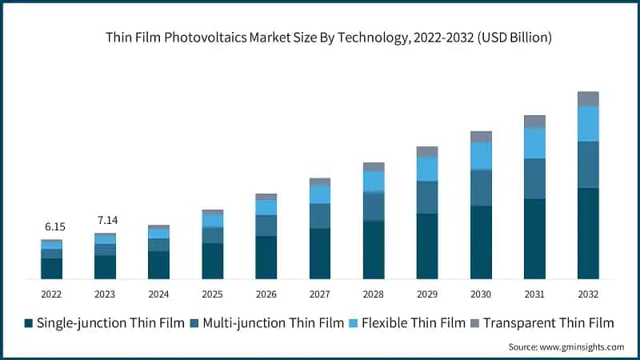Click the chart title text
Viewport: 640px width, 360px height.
(x=330, y=38)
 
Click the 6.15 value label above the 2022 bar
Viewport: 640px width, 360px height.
(x=52, y=227)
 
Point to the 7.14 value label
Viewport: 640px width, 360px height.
(x=105, y=220)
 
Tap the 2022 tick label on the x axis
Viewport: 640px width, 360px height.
(x=52, y=294)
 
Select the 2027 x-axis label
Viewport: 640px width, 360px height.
(x=320, y=294)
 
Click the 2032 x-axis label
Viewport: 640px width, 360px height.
(x=588, y=294)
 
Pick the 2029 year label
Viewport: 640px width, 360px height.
(x=427, y=294)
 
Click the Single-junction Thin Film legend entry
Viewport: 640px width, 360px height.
(x=102, y=323)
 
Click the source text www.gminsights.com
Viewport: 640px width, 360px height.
(x=566, y=347)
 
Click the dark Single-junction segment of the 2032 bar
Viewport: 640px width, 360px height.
(x=588, y=234)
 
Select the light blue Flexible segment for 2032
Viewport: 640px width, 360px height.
(x=588, y=124)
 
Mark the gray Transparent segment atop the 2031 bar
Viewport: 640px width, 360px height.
(x=534, y=121)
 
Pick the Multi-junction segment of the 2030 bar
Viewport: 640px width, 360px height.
(x=481, y=188)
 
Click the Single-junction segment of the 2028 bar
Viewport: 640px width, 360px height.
(x=374, y=250)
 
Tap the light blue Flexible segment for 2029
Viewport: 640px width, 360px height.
(x=427, y=168)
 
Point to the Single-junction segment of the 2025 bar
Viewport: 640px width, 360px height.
(x=213, y=261)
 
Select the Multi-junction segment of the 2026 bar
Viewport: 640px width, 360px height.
(x=266, y=226)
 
